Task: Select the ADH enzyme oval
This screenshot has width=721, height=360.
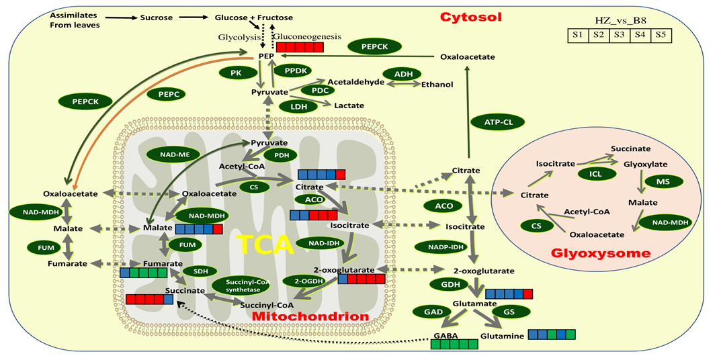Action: click(402, 74)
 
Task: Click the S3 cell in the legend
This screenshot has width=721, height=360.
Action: click(619, 35)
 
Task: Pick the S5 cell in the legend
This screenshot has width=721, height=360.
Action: click(661, 35)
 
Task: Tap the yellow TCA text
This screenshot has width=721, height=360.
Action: click(264, 244)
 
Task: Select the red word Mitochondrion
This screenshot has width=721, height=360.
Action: click(310, 316)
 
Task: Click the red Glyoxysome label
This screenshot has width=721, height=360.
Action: click(600, 253)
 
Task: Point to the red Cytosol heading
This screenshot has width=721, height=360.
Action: click(471, 16)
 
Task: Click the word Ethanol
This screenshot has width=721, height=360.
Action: click(437, 84)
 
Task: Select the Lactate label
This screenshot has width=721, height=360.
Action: click(349, 105)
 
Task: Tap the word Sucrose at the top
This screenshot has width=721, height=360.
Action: click(157, 17)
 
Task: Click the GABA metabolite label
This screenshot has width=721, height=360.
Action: click(446, 334)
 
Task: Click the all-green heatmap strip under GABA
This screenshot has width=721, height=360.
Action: click(454, 345)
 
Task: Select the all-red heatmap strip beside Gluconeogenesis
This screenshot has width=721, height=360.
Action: click(300, 46)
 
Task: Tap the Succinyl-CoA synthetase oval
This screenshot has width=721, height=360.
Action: click(241, 285)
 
